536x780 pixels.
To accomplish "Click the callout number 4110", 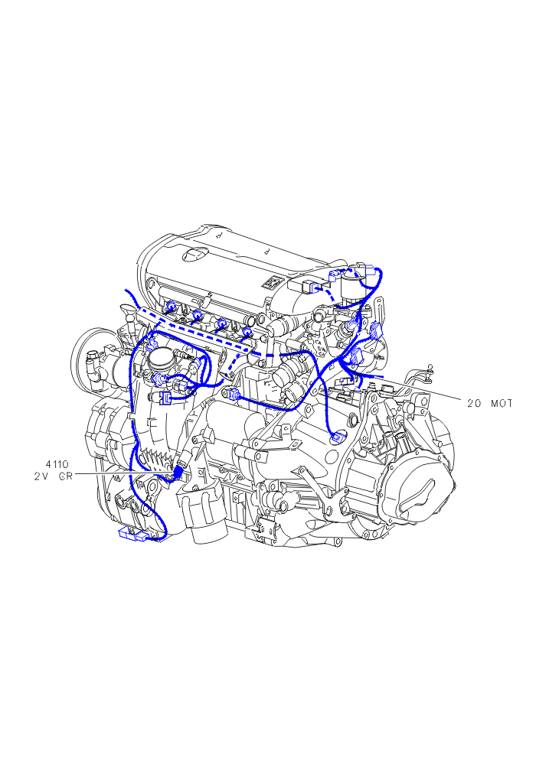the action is point(57,465).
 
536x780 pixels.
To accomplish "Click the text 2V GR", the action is point(54,476).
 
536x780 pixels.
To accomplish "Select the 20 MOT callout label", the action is point(489,404).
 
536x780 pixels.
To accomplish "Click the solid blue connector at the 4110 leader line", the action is point(178,470).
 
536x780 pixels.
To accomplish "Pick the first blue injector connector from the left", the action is point(171,307).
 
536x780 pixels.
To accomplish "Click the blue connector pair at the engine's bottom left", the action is point(133,535).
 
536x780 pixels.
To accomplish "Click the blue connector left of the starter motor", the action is point(233,394).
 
